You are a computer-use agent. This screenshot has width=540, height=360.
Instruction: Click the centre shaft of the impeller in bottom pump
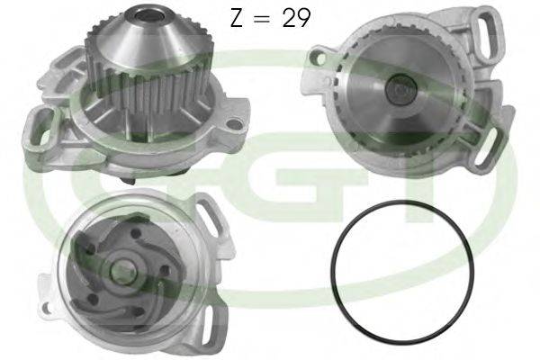pos(121,265)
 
